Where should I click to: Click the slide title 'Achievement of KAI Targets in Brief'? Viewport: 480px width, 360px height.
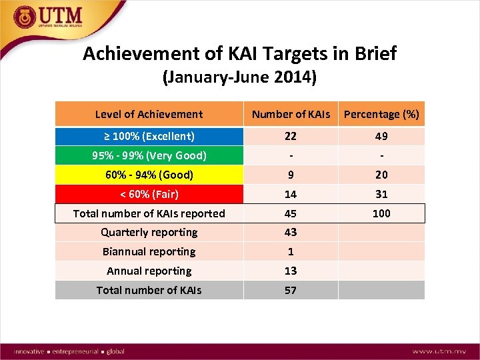click(239, 53)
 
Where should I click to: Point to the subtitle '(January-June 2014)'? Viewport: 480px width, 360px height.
click(239, 77)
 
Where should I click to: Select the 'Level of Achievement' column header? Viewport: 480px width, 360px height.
click(149, 114)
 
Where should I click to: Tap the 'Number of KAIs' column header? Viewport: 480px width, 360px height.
click(291, 115)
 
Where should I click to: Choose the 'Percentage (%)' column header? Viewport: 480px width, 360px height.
click(381, 115)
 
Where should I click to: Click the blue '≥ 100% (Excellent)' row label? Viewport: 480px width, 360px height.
click(149, 136)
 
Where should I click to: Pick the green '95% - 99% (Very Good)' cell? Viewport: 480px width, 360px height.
click(149, 155)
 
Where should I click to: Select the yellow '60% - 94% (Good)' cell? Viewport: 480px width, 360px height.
click(149, 175)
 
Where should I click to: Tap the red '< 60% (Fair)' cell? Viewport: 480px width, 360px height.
click(149, 194)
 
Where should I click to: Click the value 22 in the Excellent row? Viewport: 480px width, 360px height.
click(291, 136)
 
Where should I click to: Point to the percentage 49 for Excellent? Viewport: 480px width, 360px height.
click(381, 136)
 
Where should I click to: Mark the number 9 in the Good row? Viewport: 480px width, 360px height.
click(291, 175)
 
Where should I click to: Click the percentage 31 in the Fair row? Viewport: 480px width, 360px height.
click(381, 194)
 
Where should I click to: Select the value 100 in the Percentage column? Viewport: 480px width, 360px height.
click(381, 213)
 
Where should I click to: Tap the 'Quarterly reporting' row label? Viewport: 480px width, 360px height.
click(149, 232)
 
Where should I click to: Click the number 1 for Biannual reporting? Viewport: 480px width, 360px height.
click(291, 251)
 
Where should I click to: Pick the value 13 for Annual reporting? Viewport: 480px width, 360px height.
click(291, 271)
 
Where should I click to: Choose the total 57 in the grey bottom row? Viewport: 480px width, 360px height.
click(291, 290)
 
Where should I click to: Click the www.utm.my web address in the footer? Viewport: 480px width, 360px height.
click(439, 351)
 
